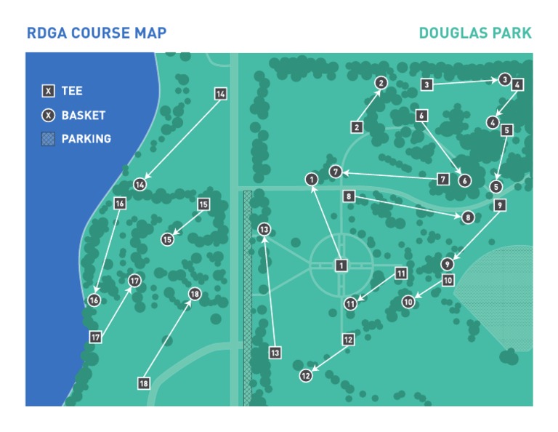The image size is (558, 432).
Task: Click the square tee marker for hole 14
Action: (221, 94)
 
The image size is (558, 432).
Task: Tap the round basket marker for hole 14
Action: (139, 185)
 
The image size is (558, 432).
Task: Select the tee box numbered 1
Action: (341, 265)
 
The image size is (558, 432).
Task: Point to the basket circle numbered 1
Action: (312, 179)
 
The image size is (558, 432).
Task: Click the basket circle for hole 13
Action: (264, 229)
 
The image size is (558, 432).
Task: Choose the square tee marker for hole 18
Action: (144, 383)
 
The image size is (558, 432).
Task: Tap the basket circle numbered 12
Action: (306, 376)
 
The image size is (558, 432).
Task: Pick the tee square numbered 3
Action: (427, 85)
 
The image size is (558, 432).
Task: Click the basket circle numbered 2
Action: (380, 83)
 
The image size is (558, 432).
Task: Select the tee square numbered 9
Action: (500, 206)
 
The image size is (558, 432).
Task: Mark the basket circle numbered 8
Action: (468, 217)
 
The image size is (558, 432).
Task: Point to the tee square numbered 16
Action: (120, 204)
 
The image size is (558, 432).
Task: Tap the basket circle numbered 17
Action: (134, 281)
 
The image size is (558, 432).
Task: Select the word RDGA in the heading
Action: (45, 33)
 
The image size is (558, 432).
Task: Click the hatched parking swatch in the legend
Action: (49, 139)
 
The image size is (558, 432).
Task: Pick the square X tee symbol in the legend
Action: (49, 92)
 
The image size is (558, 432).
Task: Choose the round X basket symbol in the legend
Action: (49, 115)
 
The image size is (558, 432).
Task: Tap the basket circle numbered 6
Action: (465, 180)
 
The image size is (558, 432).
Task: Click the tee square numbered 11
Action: (400, 273)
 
